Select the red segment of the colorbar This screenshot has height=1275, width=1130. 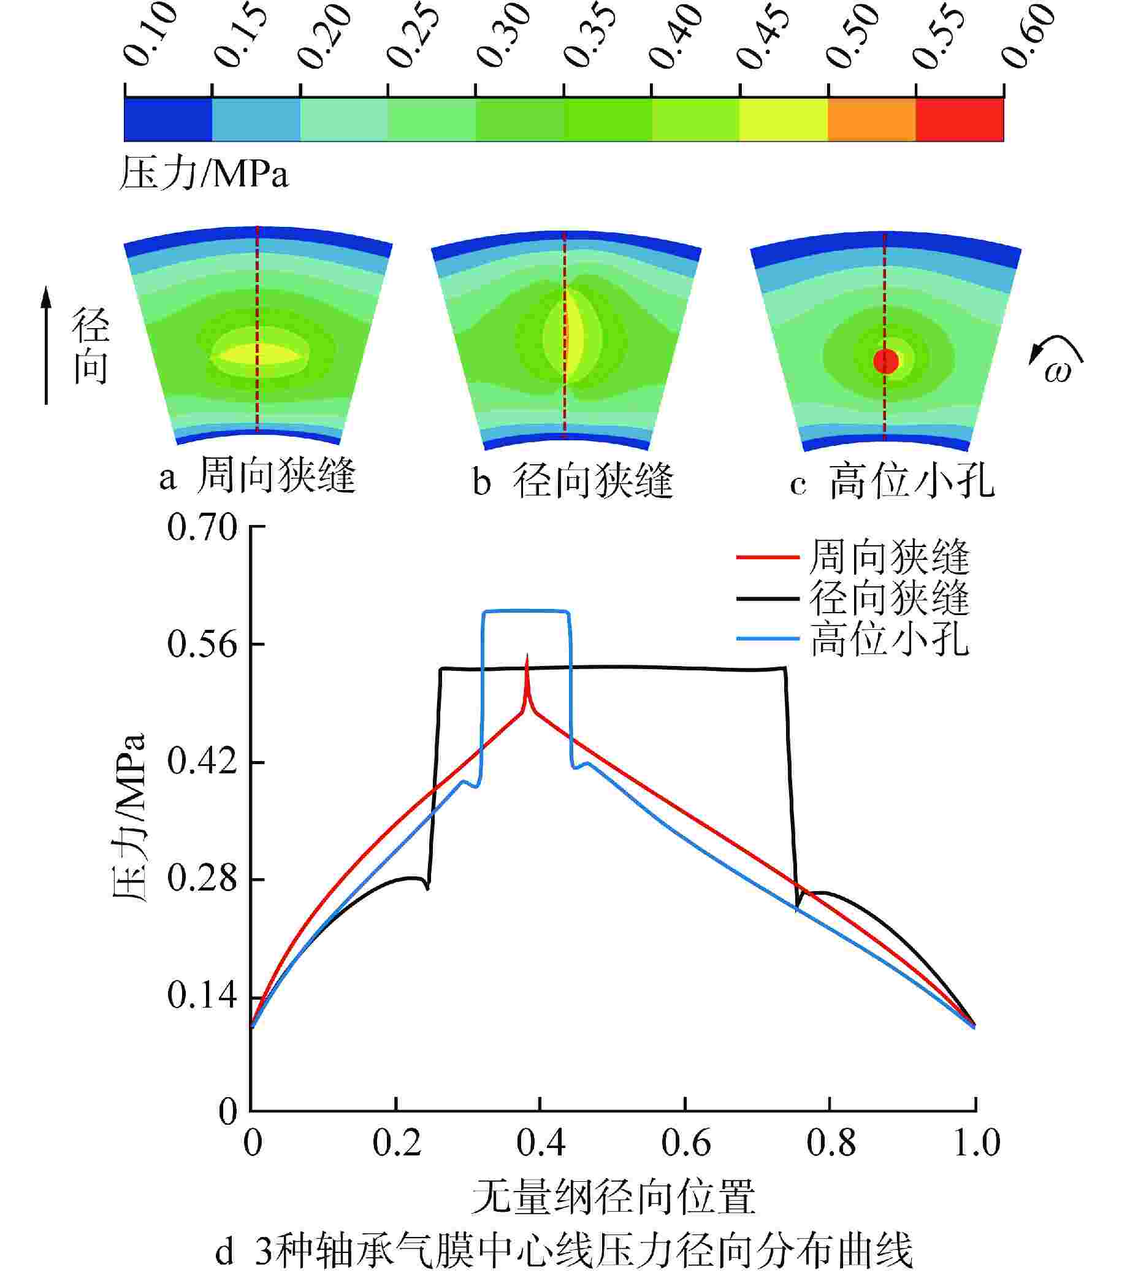[x=959, y=119]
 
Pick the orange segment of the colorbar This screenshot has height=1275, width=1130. [x=871, y=119]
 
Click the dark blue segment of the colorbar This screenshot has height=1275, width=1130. [x=169, y=119]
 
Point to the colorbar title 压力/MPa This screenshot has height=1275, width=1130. [x=204, y=174]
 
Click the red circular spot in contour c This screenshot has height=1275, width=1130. [x=885, y=361]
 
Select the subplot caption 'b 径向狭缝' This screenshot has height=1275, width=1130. [x=573, y=481]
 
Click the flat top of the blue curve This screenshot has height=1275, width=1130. [x=525, y=611]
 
